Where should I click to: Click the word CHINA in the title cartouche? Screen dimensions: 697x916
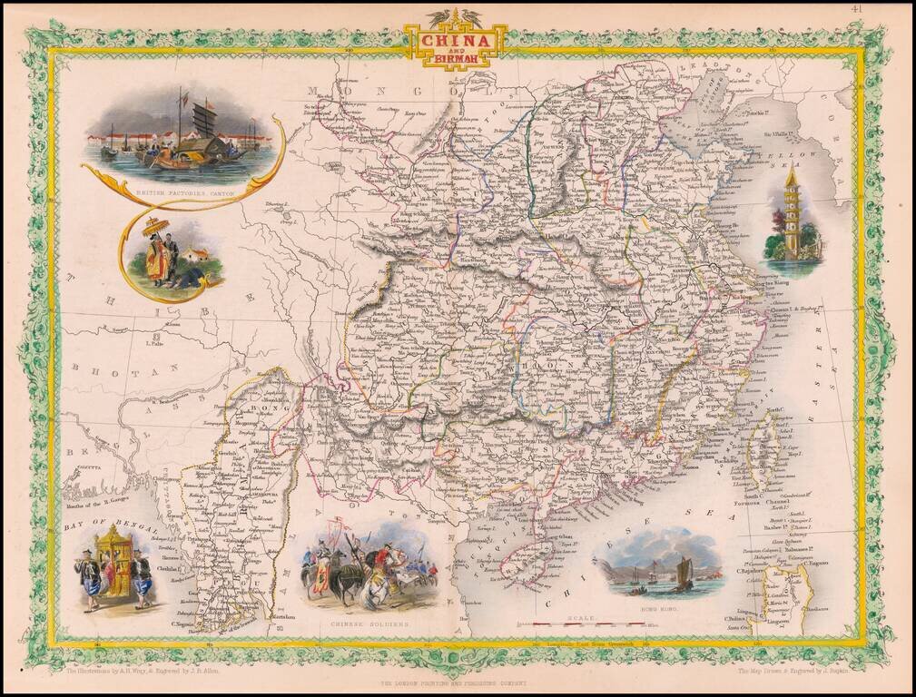pyautogui.click(x=457, y=41)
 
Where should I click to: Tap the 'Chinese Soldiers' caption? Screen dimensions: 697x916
pyautogui.click(x=369, y=625)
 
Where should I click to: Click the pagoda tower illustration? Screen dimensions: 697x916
pyautogui.click(x=793, y=214)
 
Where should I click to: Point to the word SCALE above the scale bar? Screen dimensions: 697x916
pyautogui.click(x=582, y=617)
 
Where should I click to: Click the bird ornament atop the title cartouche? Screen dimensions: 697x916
pyautogui.click(x=456, y=17)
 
